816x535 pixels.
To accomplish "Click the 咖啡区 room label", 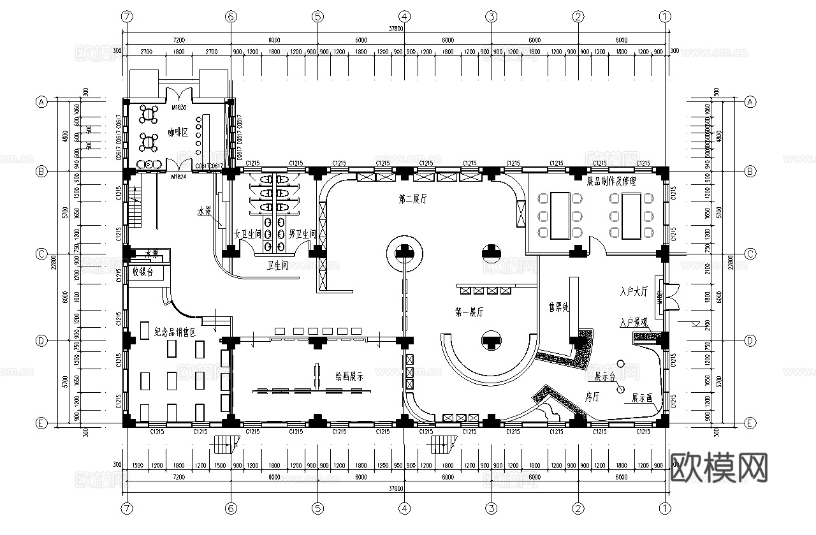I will [x=178, y=133].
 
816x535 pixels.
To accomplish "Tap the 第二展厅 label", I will [x=412, y=200].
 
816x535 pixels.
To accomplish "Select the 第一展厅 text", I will [x=469, y=312].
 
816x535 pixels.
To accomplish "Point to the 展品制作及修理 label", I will [x=611, y=181].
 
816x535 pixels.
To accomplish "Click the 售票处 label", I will [x=558, y=307].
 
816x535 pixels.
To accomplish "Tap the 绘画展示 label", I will [x=349, y=376].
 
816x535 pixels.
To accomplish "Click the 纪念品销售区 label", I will [x=174, y=332].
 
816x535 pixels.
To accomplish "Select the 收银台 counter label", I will [x=143, y=272].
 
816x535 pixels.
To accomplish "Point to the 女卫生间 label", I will [x=248, y=234].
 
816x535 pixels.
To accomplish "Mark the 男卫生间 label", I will [x=302, y=234].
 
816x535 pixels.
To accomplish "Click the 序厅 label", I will [x=592, y=397].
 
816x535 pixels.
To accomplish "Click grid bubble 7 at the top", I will [x=127, y=17].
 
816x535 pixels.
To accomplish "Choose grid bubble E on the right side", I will [x=750, y=423].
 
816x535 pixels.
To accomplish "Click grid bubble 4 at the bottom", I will [x=404, y=508].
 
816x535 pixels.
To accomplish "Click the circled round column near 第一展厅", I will [x=404, y=254].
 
